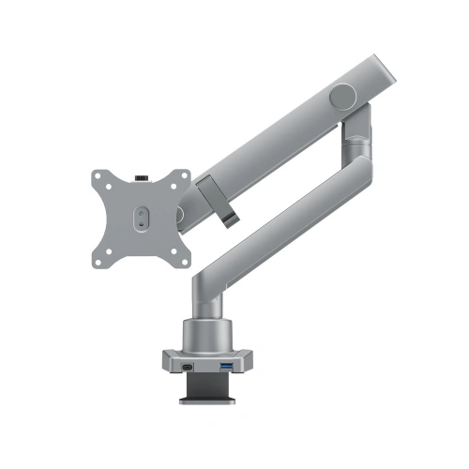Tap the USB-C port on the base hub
191,366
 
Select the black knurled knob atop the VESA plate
142,175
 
